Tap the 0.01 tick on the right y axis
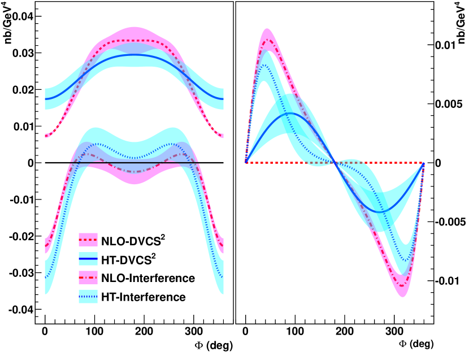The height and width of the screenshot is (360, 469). [x=446, y=45]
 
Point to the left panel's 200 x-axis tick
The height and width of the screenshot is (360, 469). [x=145, y=333]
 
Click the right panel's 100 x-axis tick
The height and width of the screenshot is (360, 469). [x=295, y=333]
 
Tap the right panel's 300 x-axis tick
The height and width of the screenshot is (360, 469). [x=394, y=333]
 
